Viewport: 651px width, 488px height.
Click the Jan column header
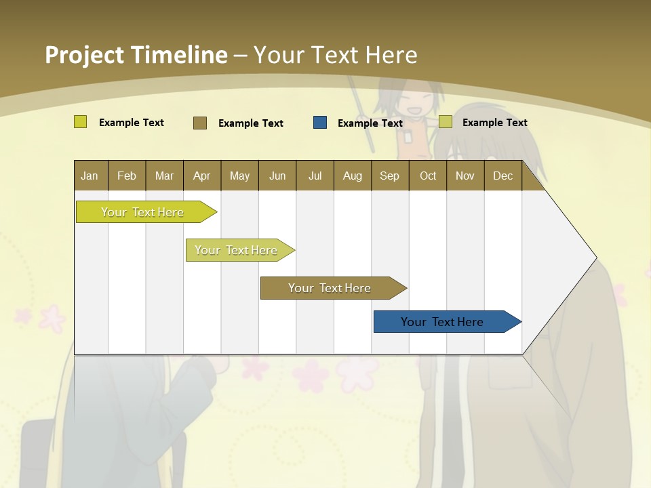(x=90, y=176)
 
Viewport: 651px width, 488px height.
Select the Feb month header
(x=127, y=176)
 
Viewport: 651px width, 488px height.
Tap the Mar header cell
(x=164, y=176)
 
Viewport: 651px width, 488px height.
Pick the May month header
(x=239, y=176)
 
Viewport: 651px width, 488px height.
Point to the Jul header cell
(x=315, y=176)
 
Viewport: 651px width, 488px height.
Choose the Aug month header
(x=353, y=176)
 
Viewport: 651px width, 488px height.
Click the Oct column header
(x=428, y=176)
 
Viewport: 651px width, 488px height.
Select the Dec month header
(x=502, y=176)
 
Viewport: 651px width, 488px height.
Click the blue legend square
(x=320, y=123)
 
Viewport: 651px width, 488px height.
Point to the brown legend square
(x=200, y=123)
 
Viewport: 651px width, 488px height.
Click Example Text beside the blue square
(x=370, y=123)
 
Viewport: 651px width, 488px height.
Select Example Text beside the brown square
(x=251, y=123)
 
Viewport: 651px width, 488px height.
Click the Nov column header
(x=465, y=176)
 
